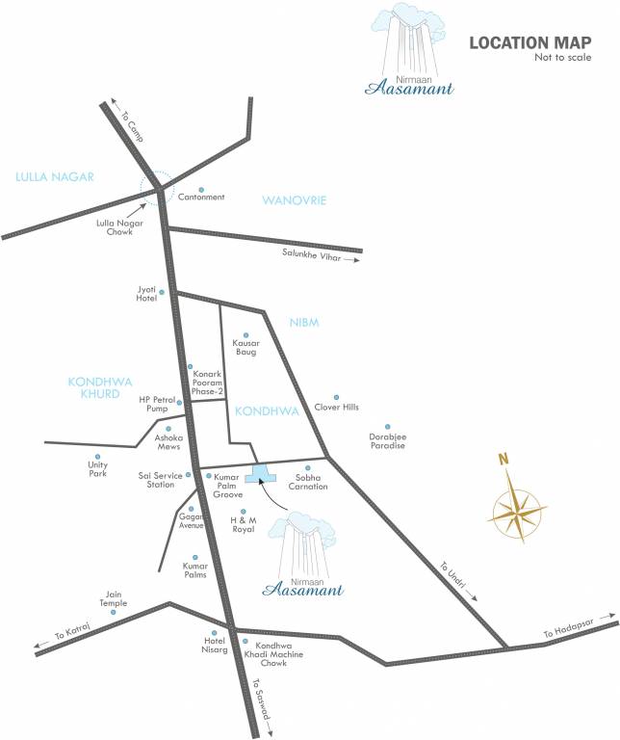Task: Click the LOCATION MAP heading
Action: [x=530, y=43]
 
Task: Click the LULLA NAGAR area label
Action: [x=54, y=176]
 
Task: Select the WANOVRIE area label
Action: [x=295, y=200]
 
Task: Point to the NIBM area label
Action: [x=304, y=322]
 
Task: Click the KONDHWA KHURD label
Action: [x=93, y=387]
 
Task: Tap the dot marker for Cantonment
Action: [x=201, y=189]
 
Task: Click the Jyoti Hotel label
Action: [x=146, y=294]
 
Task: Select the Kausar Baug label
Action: [x=245, y=347]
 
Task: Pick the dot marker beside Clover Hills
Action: [x=336, y=397]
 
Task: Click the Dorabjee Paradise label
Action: [x=387, y=440]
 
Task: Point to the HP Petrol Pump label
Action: [x=159, y=403]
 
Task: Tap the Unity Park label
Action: [x=97, y=469]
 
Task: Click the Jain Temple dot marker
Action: [x=113, y=612]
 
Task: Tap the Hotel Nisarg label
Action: [x=209, y=645]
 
